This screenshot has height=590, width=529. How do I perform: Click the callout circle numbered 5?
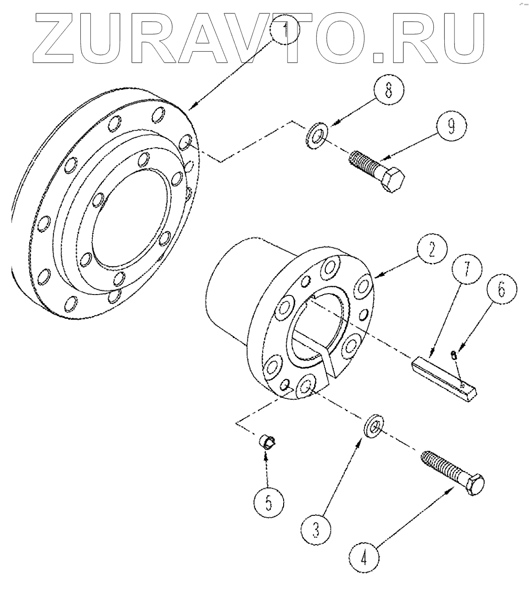coord(268,502)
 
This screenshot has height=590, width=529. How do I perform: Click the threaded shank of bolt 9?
coord(366,164)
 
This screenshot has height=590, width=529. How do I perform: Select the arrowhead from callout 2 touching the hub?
coord(375,276)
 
